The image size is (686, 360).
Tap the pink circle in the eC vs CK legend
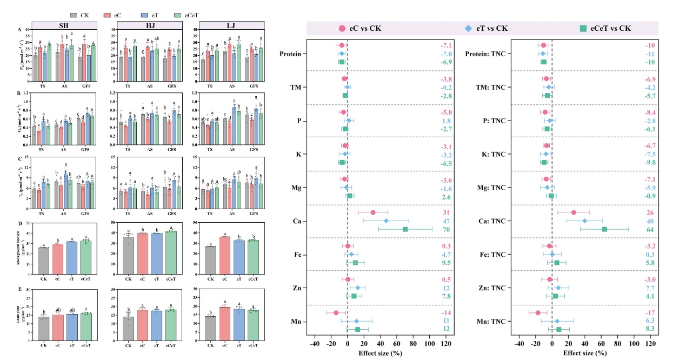point(342,29)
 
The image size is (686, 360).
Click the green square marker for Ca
point(405,229)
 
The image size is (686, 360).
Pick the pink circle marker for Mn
point(336,313)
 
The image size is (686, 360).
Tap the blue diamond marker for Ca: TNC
point(584,221)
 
